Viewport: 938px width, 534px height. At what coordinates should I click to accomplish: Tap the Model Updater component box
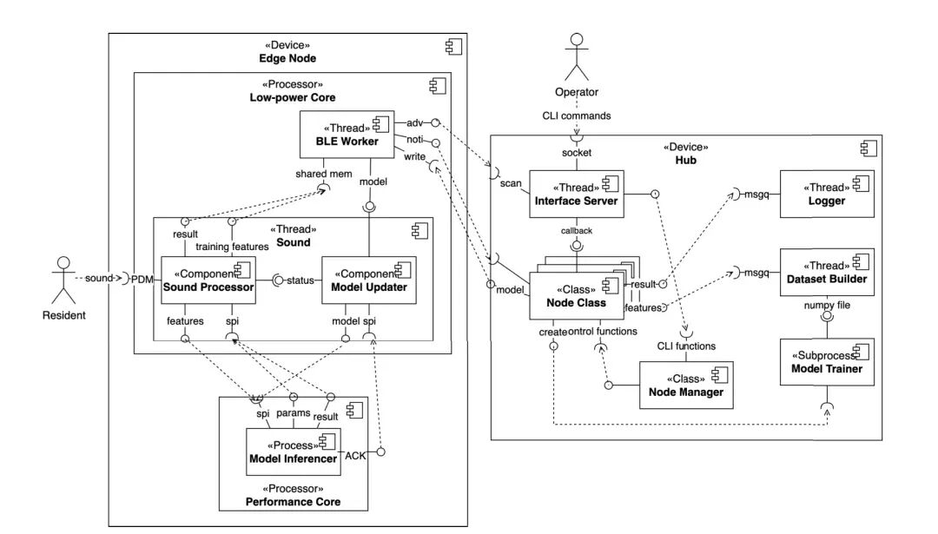pos(369,280)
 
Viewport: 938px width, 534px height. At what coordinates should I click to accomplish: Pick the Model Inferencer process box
pos(293,452)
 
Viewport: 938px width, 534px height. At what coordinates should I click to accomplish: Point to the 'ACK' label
pos(355,456)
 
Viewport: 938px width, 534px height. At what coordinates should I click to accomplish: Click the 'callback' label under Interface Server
pos(576,232)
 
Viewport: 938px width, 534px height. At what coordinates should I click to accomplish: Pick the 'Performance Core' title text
pos(293,501)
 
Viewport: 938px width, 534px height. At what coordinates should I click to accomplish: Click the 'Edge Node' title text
pos(287,57)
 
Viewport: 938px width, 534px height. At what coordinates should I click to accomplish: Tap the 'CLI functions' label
pos(685,346)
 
